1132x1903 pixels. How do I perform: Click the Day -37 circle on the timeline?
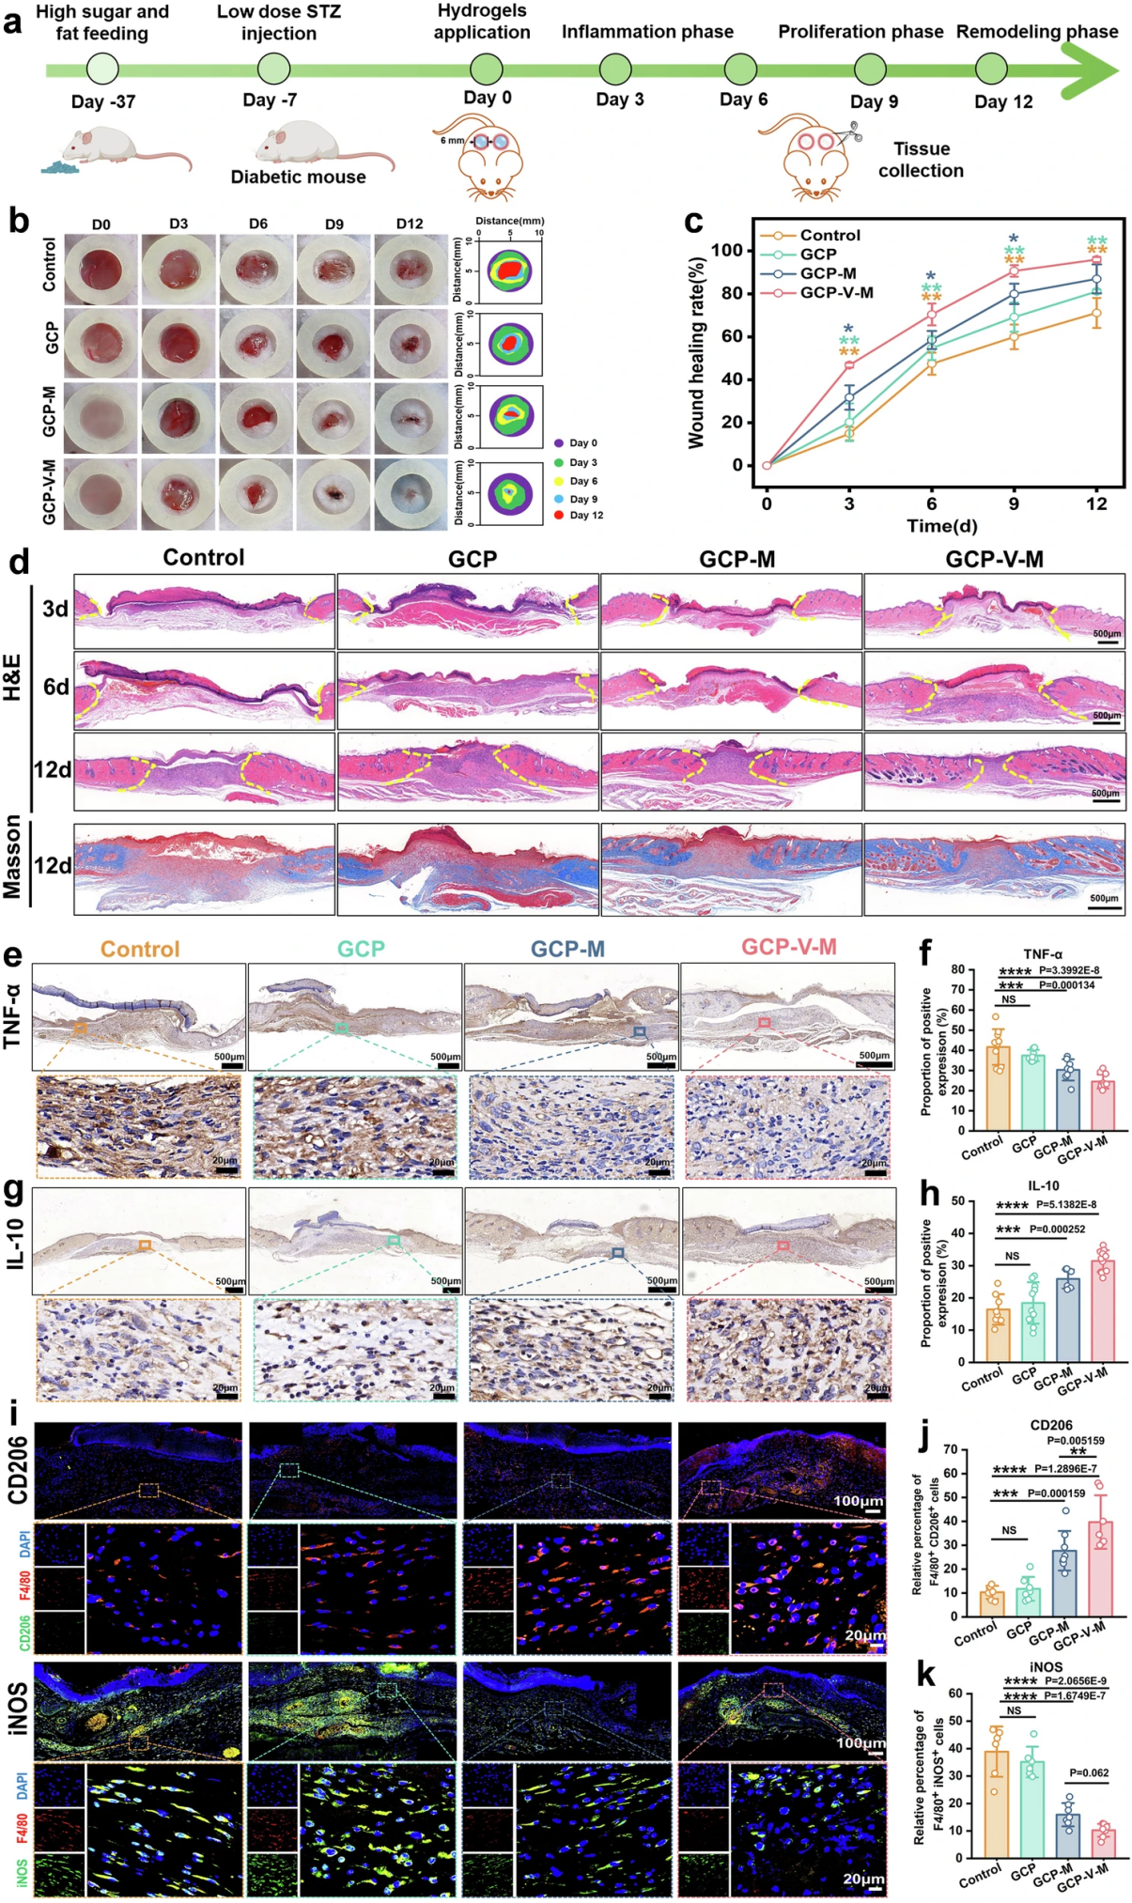pos(102,69)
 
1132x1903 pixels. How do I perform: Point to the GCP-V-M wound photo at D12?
pos(411,495)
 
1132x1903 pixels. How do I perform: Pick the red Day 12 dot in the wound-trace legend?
pos(558,515)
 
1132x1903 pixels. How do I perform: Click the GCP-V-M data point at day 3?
pos(849,364)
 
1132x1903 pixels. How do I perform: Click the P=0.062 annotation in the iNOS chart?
pos(1089,1772)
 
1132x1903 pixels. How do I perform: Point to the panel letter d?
pos(18,562)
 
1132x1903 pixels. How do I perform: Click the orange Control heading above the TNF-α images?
pos(140,949)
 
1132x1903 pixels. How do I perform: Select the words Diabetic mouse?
pos(298,177)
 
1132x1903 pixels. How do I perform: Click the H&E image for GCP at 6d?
pos(467,690)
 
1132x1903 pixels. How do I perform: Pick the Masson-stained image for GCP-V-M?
pos(994,869)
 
